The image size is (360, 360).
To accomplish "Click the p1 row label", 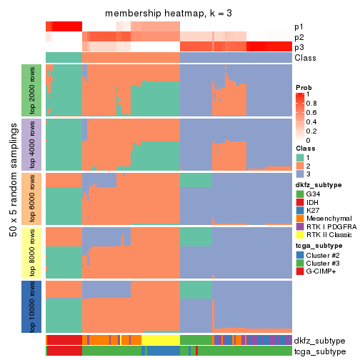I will click(299, 26).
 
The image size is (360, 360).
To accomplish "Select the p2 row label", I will click(299, 37).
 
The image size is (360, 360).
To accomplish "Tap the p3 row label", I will click(299, 47).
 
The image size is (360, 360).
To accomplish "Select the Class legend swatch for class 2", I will click(300, 166).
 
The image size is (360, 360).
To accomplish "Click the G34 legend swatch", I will click(300, 194).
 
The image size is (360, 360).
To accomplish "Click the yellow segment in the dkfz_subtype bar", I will click(161, 340).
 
